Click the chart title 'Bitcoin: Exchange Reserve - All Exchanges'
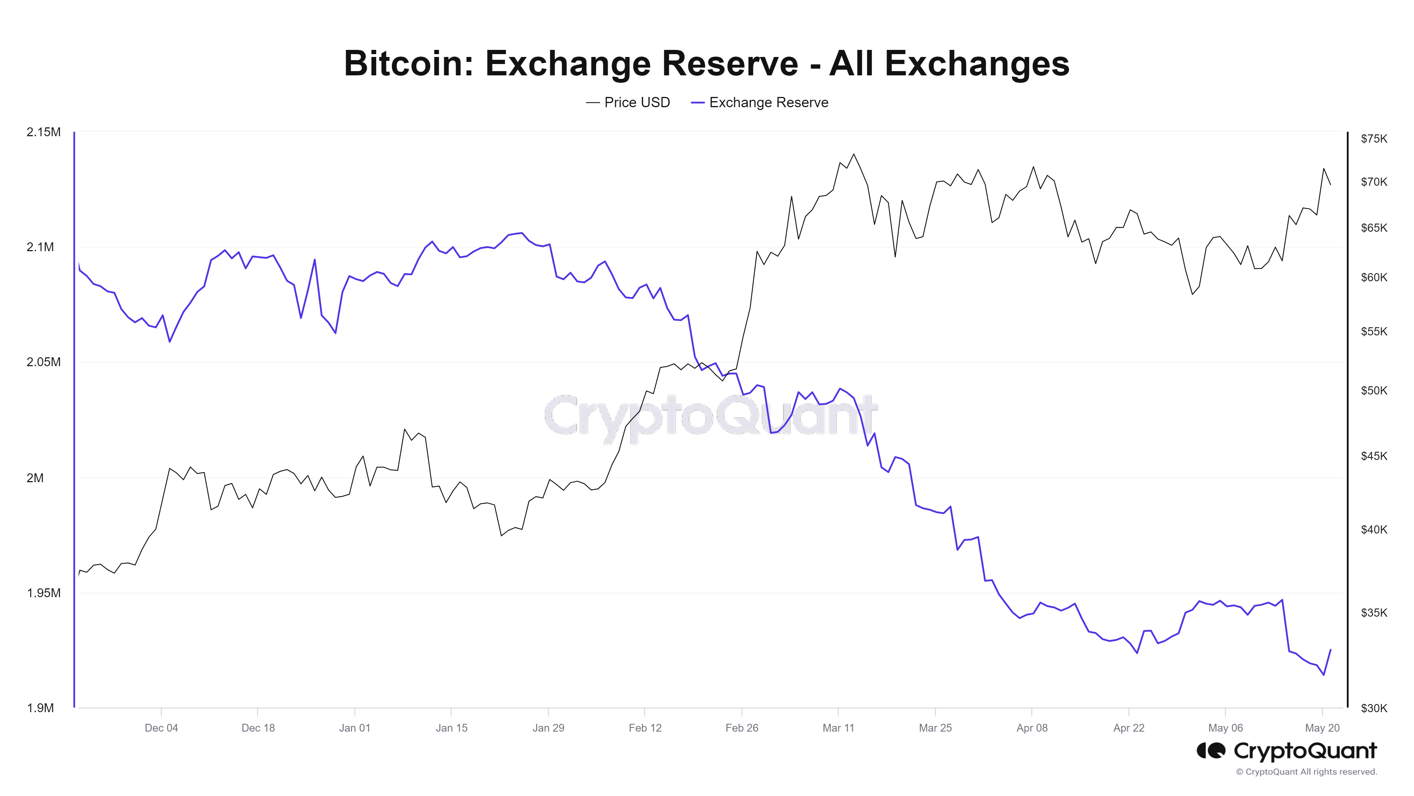(x=706, y=63)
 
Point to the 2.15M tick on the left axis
(x=43, y=132)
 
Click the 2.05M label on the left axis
(x=43, y=362)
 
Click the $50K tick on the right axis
(x=1373, y=391)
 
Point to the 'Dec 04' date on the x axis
(x=162, y=728)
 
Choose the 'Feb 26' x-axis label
(x=742, y=728)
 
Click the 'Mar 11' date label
(x=838, y=728)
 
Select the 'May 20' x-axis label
(x=1322, y=728)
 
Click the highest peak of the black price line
(x=854, y=154)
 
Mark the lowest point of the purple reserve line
(x=1324, y=675)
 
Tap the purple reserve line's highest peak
(x=521, y=233)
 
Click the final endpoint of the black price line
(x=1330, y=185)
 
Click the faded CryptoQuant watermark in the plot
(x=711, y=416)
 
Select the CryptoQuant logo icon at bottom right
(x=1210, y=750)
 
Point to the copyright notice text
(x=1307, y=772)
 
